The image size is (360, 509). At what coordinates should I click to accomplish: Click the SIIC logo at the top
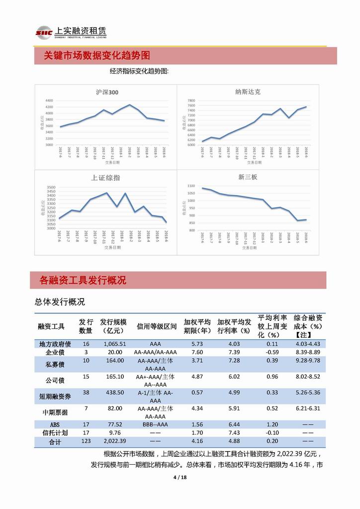[43, 33]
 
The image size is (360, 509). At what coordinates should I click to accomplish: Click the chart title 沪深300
[107, 93]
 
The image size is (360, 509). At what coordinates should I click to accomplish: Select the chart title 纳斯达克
[248, 92]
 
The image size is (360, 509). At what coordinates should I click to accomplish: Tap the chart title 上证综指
[105, 178]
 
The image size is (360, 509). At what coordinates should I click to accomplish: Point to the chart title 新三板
[248, 177]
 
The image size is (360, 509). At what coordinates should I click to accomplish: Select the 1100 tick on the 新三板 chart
[191, 186]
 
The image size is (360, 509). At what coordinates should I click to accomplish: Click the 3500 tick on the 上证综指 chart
[51, 188]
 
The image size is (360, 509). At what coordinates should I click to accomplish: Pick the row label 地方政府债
[55, 344]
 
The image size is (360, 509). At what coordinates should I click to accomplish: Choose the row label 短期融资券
[55, 393]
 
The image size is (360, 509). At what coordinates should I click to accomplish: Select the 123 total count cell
[86, 441]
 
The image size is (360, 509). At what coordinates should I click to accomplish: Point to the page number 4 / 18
[180, 478]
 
